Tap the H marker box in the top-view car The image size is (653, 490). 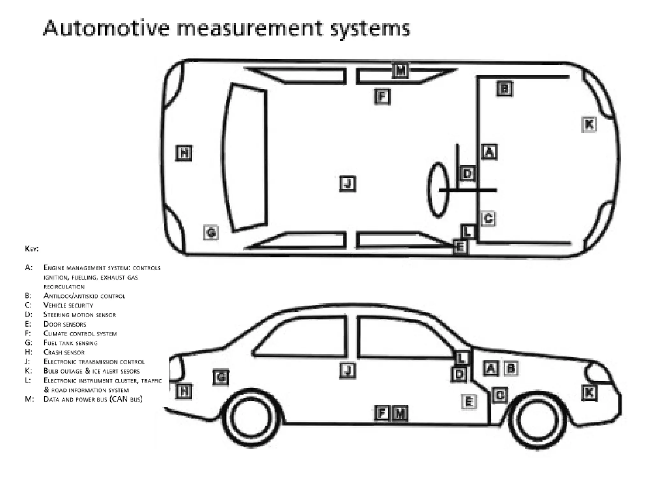pyautogui.click(x=184, y=153)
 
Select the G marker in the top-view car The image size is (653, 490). pyautogui.click(x=211, y=232)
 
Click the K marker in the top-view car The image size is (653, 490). pyautogui.click(x=589, y=124)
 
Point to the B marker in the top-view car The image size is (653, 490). pyautogui.click(x=505, y=89)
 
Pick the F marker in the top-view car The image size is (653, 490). pyautogui.click(x=382, y=97)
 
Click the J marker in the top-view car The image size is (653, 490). pyautogui.click(x=348, y=184)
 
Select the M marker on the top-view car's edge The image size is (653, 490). pyautogui.click(x=400, y=70)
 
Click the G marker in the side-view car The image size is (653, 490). pyautogui.click(x=221, y=378)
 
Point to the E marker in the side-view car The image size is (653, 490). pyautogui.click(x=469, y=402)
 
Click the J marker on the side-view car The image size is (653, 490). pyautogui.click(x=348, y=371)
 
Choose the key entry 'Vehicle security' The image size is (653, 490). pyautogui.click(x=68, y=305)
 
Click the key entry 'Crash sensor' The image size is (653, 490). pyautogui.click(x=64, y=352)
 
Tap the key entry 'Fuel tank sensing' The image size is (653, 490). pyautogui.click(x=70, y=343)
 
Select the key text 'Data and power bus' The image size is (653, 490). pyautogui.click(x=75, y=399)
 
